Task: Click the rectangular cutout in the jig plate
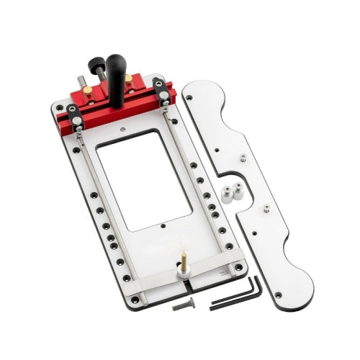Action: (144, 180)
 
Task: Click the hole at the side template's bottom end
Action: (279, 294)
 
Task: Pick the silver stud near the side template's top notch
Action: (243, 158)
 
